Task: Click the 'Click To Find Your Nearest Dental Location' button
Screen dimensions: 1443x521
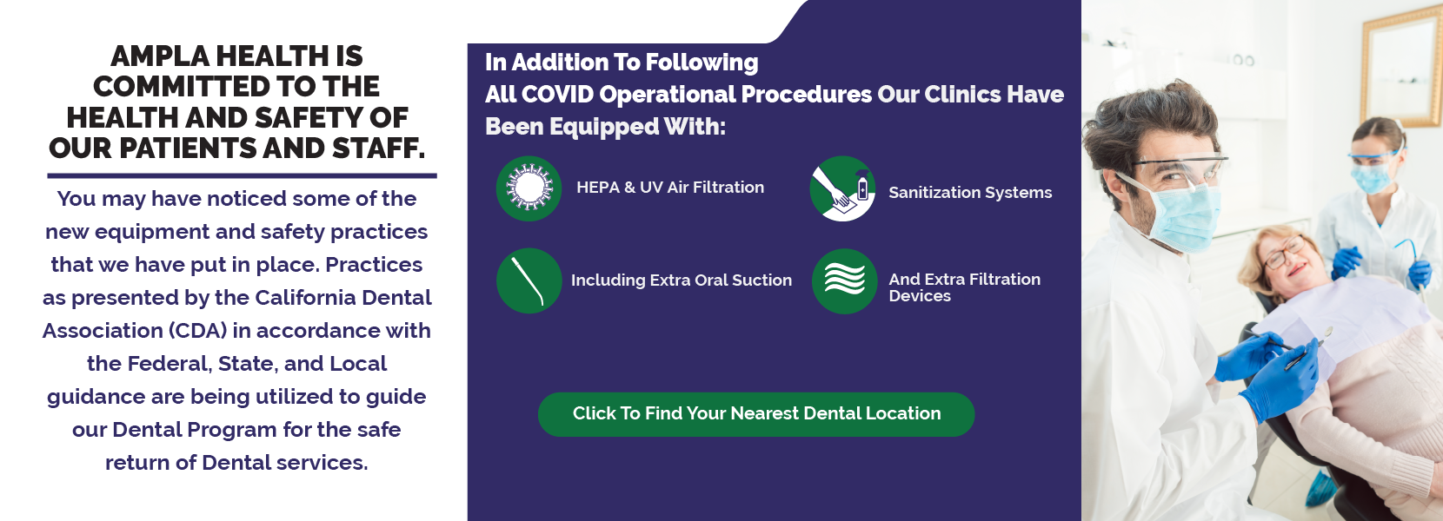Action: tap(756, 414)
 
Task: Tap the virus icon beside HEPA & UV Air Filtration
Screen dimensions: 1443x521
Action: tap(529, 188)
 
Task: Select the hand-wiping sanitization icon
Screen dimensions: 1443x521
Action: tap(842, 188)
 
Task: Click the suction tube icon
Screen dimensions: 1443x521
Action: tap(529, 280)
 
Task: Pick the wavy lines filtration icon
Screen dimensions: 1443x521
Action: tap(844, 281)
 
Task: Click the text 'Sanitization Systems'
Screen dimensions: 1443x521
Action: tap(970, 192)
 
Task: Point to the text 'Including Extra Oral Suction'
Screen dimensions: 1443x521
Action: tap(682, 280)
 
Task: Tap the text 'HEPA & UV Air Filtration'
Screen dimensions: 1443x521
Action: tap(670, 188)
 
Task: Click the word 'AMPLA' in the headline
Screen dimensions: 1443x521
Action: tap(160, 56)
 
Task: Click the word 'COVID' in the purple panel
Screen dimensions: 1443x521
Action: tap(557, 95)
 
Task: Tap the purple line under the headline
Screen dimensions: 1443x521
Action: tap(243, 175)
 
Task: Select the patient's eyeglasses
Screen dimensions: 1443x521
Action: tap(1283, 252)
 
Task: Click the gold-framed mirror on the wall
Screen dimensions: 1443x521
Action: tap(1401, 68)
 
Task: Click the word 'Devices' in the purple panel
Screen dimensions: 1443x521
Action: tap(920, 296)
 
